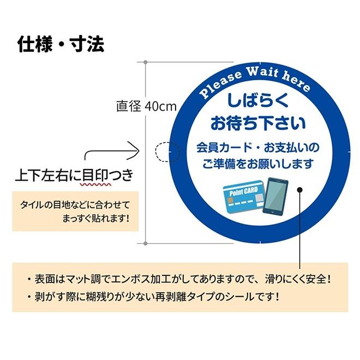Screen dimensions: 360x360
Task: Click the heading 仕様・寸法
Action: point(61,43)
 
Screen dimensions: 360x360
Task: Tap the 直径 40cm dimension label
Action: point(146,106)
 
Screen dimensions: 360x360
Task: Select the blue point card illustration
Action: point(244,200)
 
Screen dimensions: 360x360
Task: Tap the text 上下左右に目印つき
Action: point(74,175)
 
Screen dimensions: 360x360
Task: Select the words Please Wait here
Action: point(255,82)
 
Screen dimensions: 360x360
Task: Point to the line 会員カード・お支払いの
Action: point(258,147)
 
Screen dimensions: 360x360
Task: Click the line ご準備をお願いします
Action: point(258,163)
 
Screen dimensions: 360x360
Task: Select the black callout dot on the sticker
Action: point(299,190)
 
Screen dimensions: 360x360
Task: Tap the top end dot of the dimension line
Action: point(145,62)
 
